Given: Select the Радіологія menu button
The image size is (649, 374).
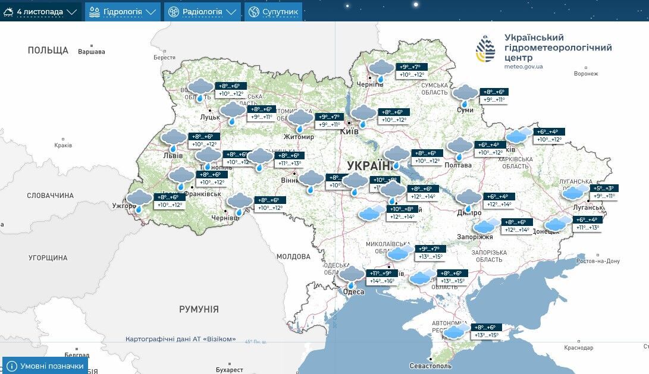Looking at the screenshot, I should click(202, 11).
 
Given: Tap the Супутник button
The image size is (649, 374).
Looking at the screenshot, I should click(273, 11).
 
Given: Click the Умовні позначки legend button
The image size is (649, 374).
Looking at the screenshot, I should click(45, 366).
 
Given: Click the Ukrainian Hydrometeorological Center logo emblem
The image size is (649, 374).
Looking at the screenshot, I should click(485, 49).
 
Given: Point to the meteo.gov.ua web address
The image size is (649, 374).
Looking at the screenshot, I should click(523, 67).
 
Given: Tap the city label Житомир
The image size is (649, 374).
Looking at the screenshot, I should click(299, 136).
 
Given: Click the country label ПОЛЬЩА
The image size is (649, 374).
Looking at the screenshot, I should click(48, 51).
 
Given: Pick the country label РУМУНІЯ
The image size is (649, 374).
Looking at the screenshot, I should click(199, 309).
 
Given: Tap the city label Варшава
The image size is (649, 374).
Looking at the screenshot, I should click(91, 52).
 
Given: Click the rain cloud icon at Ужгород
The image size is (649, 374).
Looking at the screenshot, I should click(140, 200).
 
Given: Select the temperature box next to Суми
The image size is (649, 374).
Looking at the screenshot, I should click(493, 96).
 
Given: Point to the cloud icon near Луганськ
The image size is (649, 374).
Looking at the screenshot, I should click(574, 191).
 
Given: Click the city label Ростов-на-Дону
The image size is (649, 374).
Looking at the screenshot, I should click(598, 261).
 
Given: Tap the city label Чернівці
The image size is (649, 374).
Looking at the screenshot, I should click(225, 218).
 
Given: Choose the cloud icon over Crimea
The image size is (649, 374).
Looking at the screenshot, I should click(456, 331).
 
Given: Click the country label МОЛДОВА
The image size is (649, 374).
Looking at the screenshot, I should click(293, 256).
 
